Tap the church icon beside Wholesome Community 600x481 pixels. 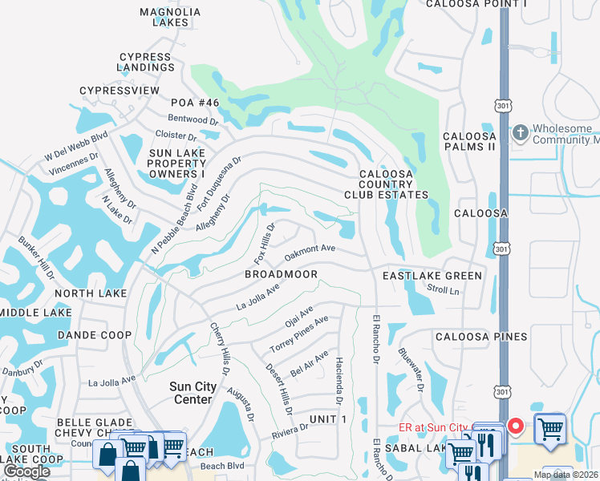pyautogui.click(x=520, y=132)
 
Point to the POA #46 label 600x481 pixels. pyautogui.click(x=195, y=103)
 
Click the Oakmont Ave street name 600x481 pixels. pyautogui.click(x=310, y=253)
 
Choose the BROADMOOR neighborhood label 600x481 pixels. pyautogui.click(x=281, y=275)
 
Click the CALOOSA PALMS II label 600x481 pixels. pyautogui.click(x=470, y=142)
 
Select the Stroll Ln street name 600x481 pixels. pyautogui.click(x=443, y=289)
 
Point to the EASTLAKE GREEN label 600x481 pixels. pyautogui.click(x=432, y=276)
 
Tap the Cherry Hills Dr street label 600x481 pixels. pyautogui.click(x=220, y=349)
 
